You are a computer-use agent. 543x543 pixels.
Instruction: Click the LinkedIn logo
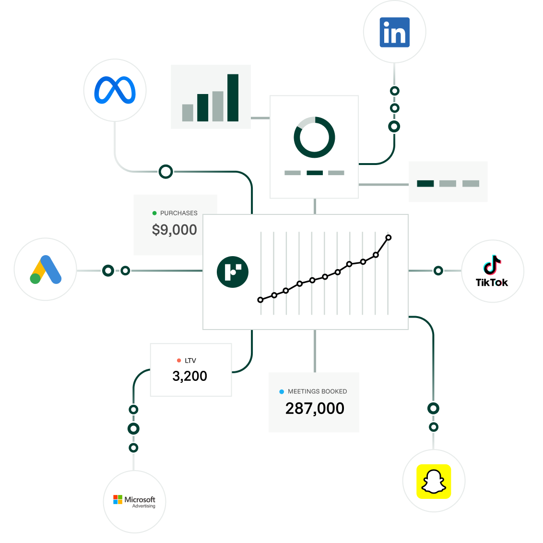(x=394, y=32)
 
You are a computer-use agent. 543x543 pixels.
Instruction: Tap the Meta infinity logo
(x=115, y=90)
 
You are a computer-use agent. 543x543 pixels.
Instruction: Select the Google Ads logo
(x=46, y=270)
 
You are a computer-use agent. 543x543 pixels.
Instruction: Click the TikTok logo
(x=492, y=271)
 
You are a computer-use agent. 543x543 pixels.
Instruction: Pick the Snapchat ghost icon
(x=434, y=481)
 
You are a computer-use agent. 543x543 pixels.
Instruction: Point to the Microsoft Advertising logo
(x=134, y=502)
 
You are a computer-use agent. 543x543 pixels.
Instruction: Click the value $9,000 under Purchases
(x=175, y=230)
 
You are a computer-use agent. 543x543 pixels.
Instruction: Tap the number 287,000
(x=315, y=408)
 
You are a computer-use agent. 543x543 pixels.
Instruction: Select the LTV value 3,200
(x=190, y=376)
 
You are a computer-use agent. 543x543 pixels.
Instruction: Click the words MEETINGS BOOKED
(x=317, y=391)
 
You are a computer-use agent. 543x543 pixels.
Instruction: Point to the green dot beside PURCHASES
(x=154, y=213)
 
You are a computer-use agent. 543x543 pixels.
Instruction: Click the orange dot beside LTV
(x=179, y=361)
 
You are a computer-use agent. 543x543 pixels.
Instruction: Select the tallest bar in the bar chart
(x=233, y=97)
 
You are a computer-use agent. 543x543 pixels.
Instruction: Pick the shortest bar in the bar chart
(x=188, y=113)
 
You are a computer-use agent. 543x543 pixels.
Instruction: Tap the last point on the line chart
(x=389, y=237)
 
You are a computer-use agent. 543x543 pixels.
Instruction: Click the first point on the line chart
(x=260, y=300)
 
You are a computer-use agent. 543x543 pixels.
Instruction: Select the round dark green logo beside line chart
(x=233, y=272)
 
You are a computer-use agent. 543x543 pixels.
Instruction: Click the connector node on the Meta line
(x=166, y=171)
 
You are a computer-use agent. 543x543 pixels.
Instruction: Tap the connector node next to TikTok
(x=438, y=271)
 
